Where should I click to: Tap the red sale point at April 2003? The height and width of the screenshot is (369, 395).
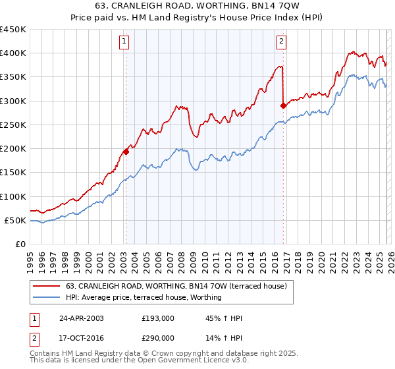point(126,152)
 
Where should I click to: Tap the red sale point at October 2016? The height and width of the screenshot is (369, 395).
point(283,105)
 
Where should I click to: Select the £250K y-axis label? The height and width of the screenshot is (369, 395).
point(13,125)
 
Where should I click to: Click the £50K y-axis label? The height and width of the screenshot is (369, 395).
point(16,220)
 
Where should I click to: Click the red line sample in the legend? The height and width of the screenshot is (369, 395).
point(47,287)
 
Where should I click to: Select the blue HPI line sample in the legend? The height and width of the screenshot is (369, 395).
point(47,298)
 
